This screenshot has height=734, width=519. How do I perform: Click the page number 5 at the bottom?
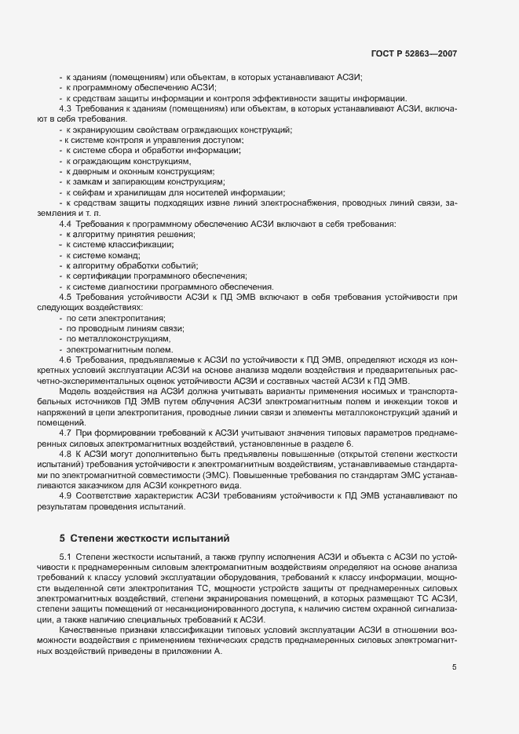pos(454,667)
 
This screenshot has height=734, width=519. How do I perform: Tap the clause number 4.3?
pos(65,108)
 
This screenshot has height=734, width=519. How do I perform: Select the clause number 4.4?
pos(65,225)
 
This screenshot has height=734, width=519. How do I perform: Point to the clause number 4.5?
pos(65,298)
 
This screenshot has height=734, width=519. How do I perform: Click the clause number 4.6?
pos(65,360)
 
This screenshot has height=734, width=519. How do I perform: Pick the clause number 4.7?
pos(65,433)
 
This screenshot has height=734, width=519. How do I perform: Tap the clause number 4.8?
pos(65,454)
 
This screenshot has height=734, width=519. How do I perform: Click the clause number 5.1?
pos(65,557)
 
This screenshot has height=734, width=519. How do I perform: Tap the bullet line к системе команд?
pos(103,256)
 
